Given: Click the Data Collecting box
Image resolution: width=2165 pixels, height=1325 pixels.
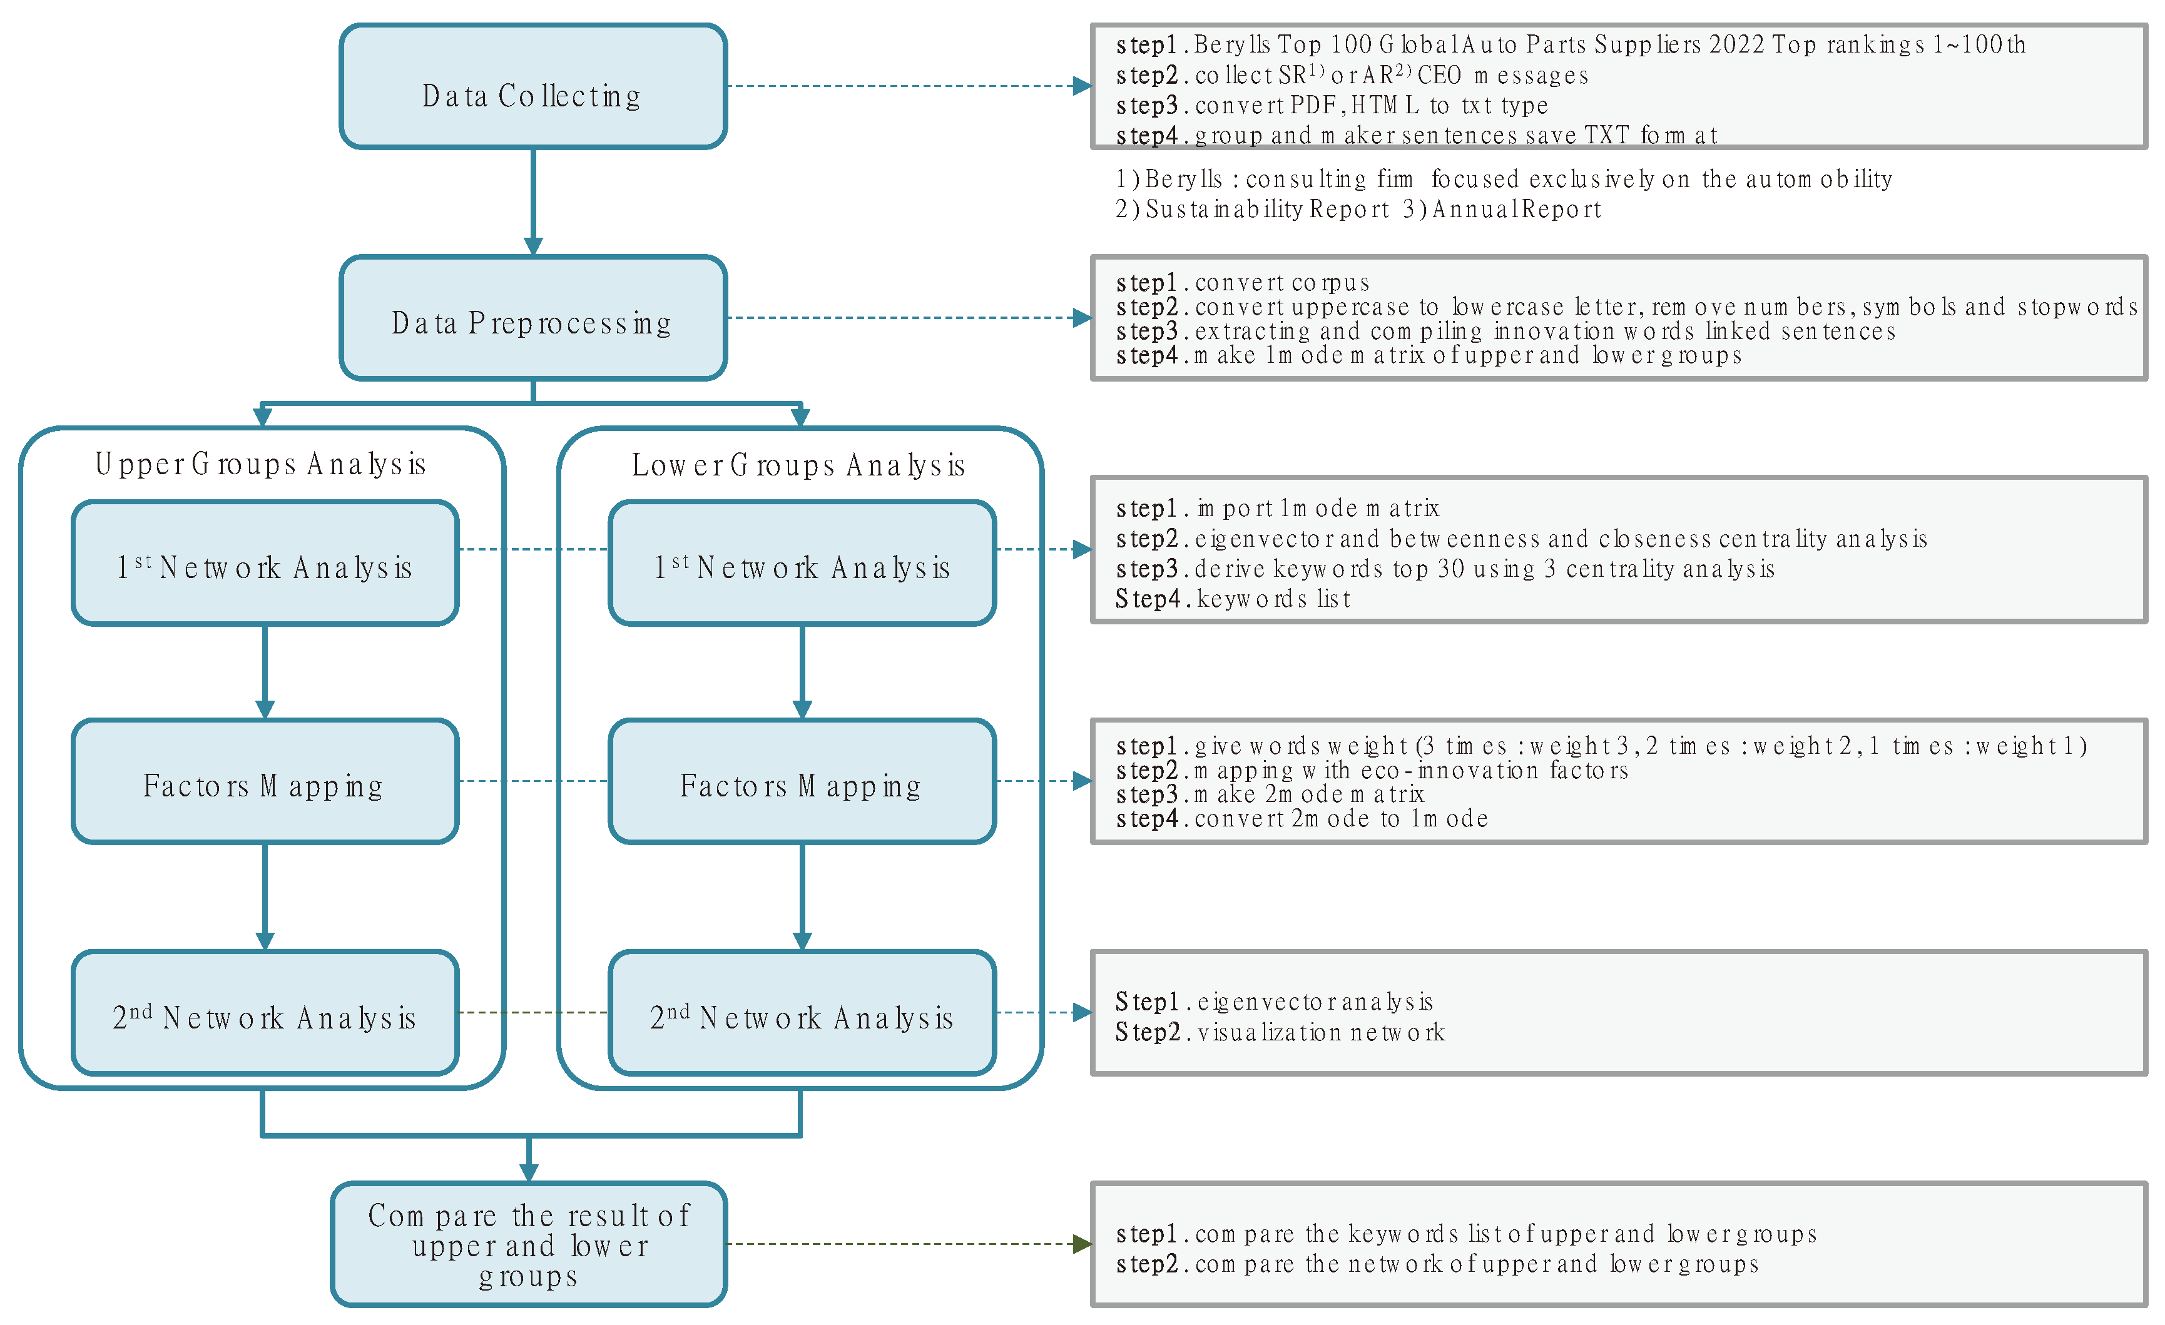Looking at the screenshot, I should coord(532,87).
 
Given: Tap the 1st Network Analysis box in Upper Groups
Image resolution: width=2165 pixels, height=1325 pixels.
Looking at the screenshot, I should coord(265,563).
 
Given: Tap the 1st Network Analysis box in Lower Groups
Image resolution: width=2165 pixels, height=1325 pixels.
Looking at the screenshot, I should coord(802,563).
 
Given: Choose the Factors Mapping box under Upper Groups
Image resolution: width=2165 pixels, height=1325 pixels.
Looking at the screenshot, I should coord(265,782).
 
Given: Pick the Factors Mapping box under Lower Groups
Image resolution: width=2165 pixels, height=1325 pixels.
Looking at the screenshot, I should coord(802,782).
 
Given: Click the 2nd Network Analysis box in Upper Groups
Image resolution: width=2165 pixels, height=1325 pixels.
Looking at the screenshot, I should coord(265,1013).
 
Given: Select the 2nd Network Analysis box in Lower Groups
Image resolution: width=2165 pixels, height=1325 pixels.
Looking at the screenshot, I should coord(802,1013).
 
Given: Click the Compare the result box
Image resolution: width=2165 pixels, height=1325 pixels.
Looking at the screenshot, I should coord(529,1244).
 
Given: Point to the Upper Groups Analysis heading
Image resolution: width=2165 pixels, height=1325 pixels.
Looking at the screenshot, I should coord(261,464).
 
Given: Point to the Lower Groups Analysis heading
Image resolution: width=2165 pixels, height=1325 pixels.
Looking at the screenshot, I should coord(798,465).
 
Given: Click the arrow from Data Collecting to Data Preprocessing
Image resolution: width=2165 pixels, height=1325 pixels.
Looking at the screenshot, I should coord(532,202).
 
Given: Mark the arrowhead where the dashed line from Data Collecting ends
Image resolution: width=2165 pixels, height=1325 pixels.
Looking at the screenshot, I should coord(1082,86).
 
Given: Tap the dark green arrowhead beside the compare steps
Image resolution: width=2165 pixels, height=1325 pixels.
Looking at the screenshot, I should coord(1082,1244).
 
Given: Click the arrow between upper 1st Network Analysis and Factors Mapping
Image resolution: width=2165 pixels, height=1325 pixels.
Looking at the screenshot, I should coord(265,672).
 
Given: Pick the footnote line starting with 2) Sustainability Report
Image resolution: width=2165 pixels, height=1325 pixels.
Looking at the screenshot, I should coord(1358,209).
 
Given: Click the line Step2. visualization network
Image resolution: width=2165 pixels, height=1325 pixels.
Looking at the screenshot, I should coord(1280,1032).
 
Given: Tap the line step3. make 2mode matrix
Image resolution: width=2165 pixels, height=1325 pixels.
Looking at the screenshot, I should coord(1270,794).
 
